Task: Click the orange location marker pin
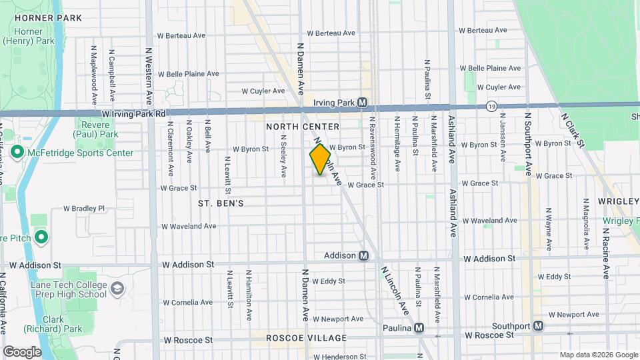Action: (x=320, y=159)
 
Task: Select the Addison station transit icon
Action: (x=364, y=255)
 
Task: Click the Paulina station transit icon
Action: (x=419, y=327)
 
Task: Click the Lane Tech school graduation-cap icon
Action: (x=118, y=289)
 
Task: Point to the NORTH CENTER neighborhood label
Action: (x=303, y=127)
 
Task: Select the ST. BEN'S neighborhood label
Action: (x=221, y=203)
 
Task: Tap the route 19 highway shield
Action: (x=491, y=107)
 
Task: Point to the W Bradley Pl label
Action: (x=84, y=208)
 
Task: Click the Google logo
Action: (x=22, y=351)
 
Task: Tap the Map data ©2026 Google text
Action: (x=598, y=355)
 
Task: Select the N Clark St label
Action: (x=573, y=130)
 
